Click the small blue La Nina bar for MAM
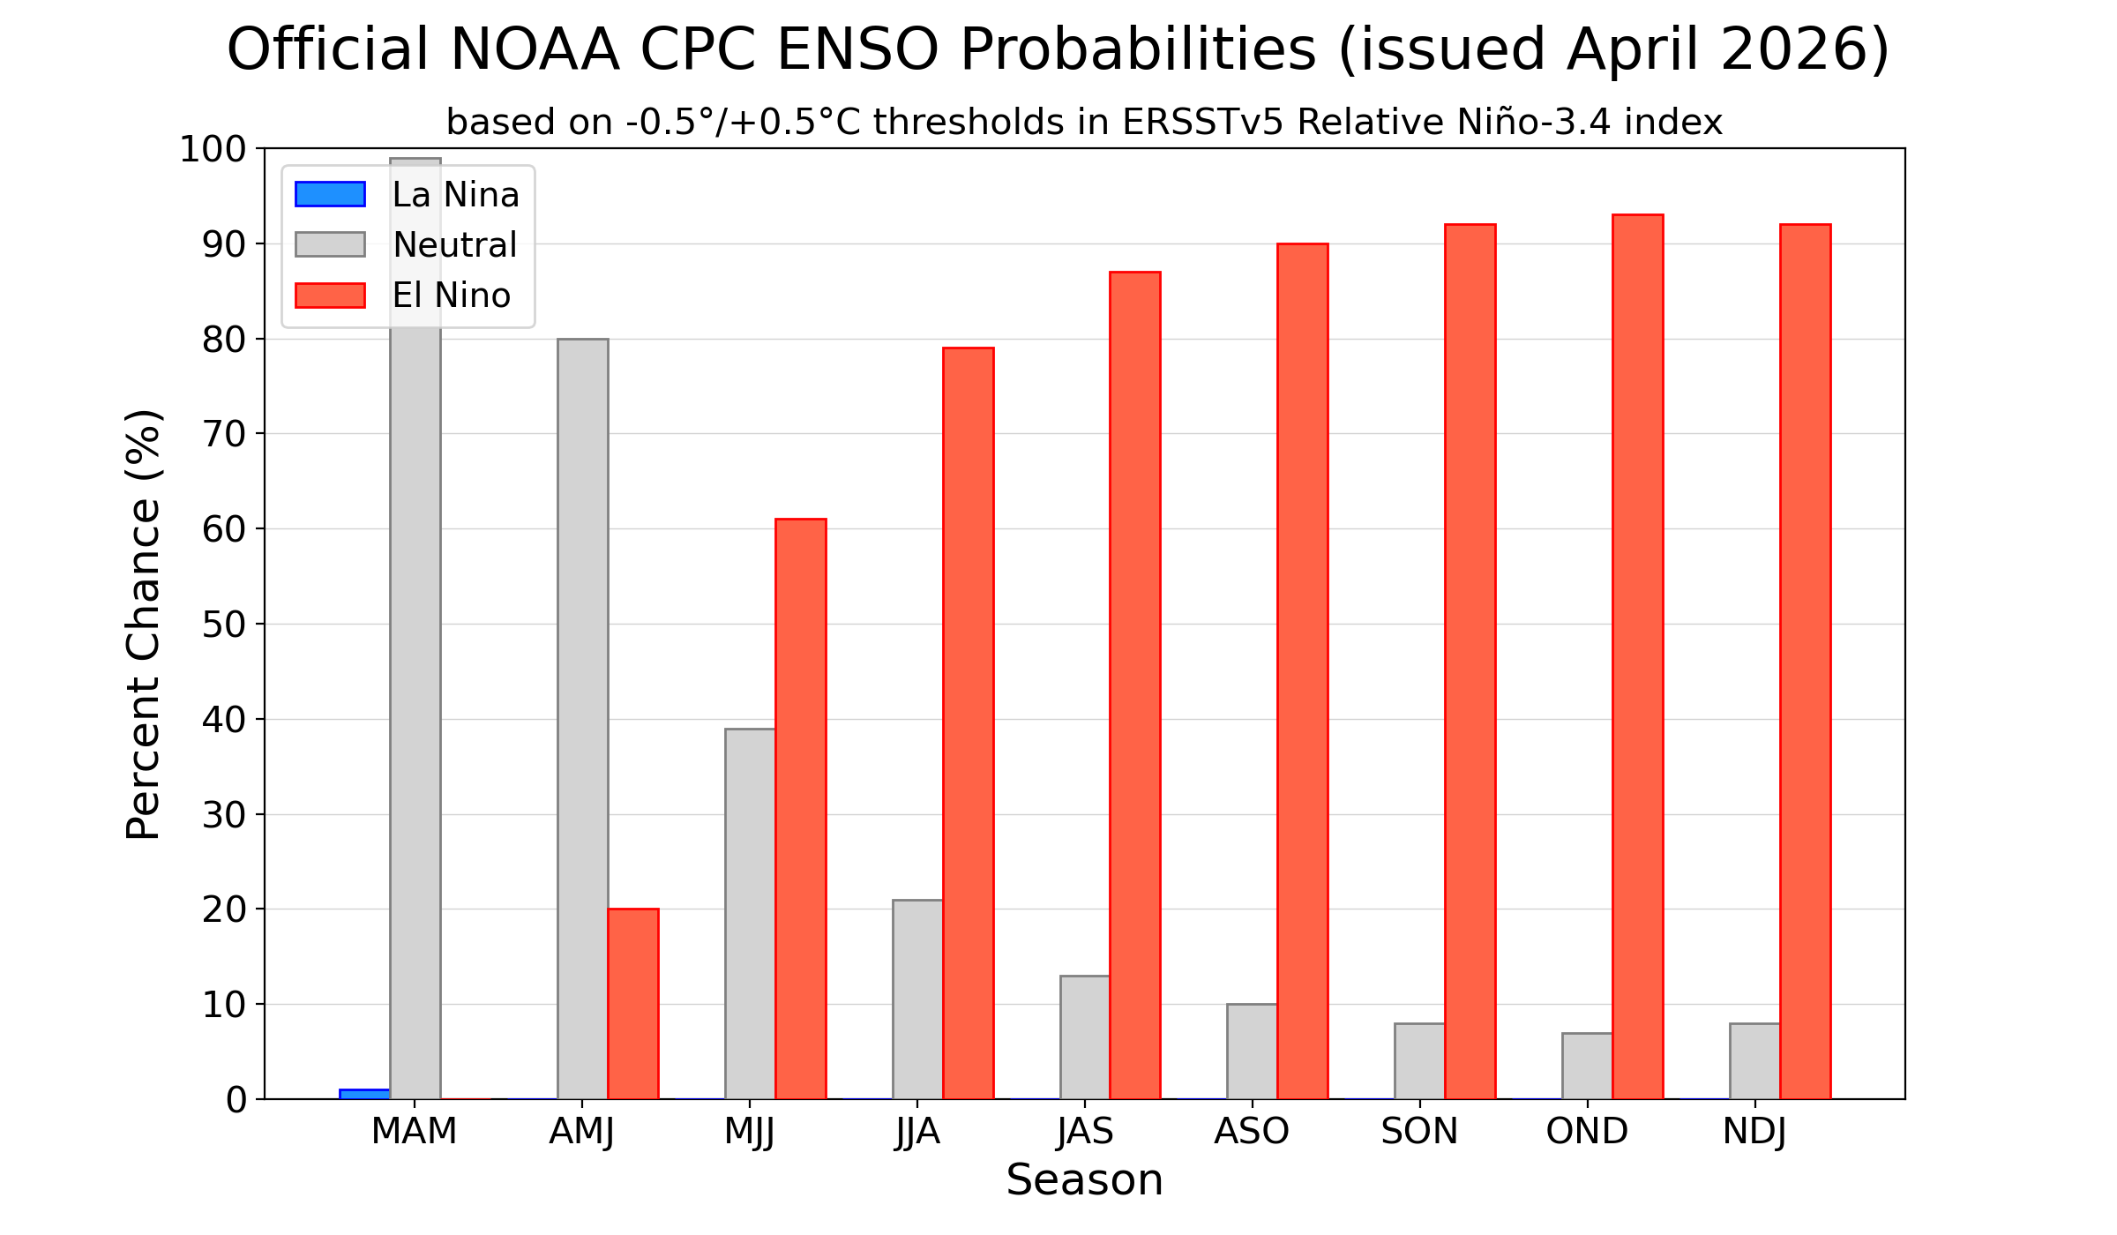point(364,1094)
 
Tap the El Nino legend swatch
point(330,296)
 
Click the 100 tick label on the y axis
point(213,149)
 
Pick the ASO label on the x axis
point(1252,1132)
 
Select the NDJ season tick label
point(1754,1132)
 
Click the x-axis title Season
point(1084,1180)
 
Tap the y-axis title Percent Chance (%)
point(143,624)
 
